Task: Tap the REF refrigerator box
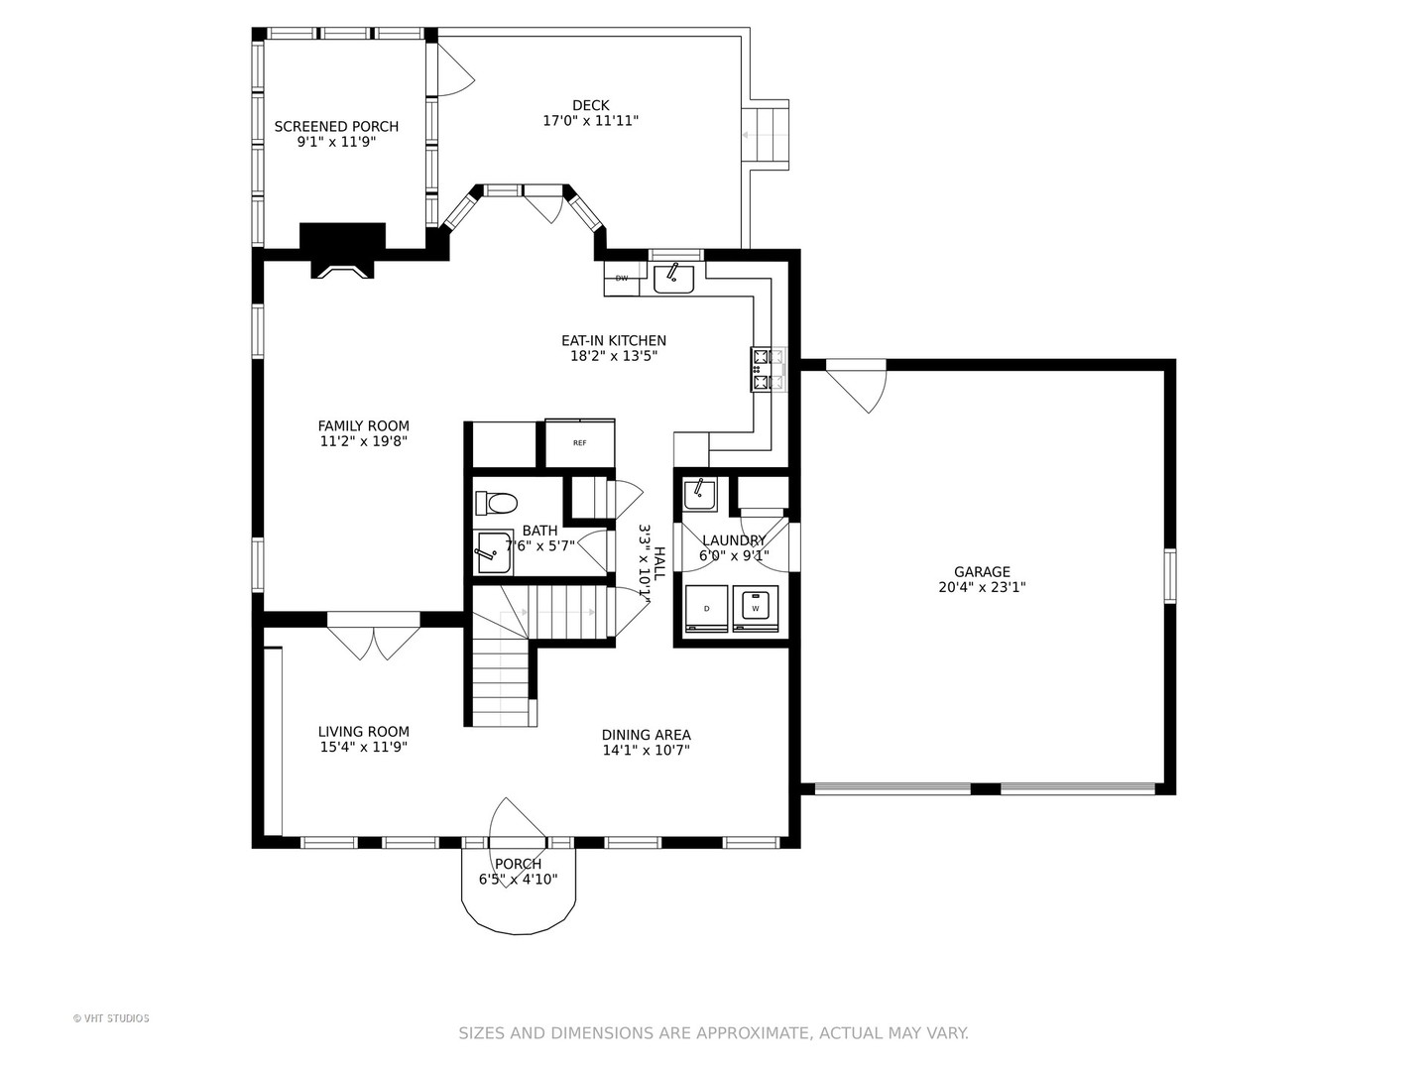click(x=580, y=443)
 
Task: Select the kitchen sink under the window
click(x=674, y=279)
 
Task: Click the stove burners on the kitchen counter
click(x=768, y=369)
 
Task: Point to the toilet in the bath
click(x=496, y=503)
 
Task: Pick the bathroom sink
click(x=495, y=552)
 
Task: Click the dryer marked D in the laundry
click(x=706, y=609)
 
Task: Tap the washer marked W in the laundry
click(x=756, y=609)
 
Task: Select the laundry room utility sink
click(x=699, y=495)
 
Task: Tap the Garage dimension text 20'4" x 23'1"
click(x=982, y=587)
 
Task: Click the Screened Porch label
click(x=336, y=126)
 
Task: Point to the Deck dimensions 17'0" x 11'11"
click(x=591, y=120)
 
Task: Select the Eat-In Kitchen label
click(x=614, y=340)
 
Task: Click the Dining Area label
click(x=646, y=735)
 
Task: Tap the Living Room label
click(x=364, y=732)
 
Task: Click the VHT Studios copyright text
click(x=111, y=1018)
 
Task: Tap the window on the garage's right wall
click(x=1170, y=575)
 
